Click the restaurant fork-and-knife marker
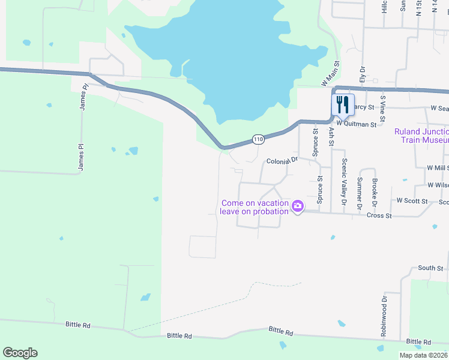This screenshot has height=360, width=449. [x=343, y=104]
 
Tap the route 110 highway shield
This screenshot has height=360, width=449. [x=258, y=139]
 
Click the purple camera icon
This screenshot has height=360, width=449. [x=298, y=207]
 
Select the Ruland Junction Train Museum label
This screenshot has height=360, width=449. [x=421, y=136]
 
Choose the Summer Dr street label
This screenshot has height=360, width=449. [x=360, y=193]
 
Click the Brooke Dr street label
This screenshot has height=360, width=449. [x=374, y=189]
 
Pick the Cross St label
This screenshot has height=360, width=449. [x=379, y=215]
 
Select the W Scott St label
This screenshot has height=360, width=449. [x=412, y=201]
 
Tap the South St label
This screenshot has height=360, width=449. [x=430, y=268]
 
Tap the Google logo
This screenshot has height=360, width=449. [x=20, y=353]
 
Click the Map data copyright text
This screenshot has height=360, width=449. [x=424, y=355]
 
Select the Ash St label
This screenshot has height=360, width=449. [x=330, y=136]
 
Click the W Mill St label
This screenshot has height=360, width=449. [x=437, y=168]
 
